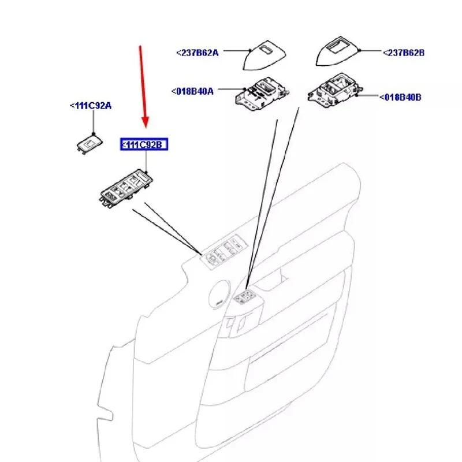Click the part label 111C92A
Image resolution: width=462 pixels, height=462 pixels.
coord(91,106)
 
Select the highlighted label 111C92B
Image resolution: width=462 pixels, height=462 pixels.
coord(143,144)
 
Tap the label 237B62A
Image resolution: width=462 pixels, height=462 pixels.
coord(198,53)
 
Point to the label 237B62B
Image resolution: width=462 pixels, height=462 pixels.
coord(404,53)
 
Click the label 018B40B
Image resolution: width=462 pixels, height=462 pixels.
coord(400,98)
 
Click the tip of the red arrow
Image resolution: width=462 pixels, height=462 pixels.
coord(145,125)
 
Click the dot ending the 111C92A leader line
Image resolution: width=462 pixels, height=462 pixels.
coord(92,133)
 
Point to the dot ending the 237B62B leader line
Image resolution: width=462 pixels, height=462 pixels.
coord(359,51)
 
